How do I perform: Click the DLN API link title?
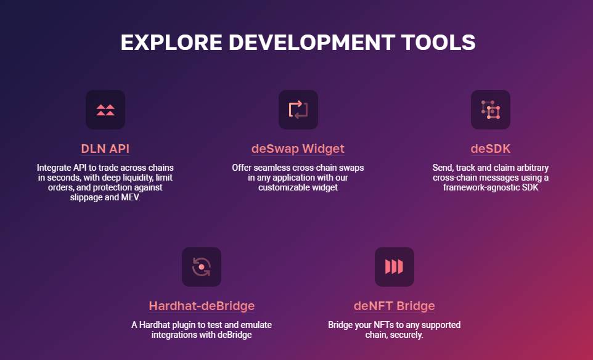point(105,149)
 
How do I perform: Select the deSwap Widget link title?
point(298,149)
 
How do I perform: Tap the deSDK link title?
point(491,149)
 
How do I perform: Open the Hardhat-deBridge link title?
point(202,306)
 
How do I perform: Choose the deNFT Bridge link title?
point(394,306)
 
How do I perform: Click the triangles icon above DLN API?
point(105,110)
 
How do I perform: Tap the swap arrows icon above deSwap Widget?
point(298,110)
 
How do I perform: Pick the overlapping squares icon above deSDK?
point(491,110)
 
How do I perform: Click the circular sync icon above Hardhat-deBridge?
point(202,267)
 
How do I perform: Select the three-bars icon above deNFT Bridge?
point(394,266)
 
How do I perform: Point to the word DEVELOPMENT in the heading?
point(312,43)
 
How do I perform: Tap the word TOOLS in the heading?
point(438,43)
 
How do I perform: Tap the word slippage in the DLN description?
point(86,198)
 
